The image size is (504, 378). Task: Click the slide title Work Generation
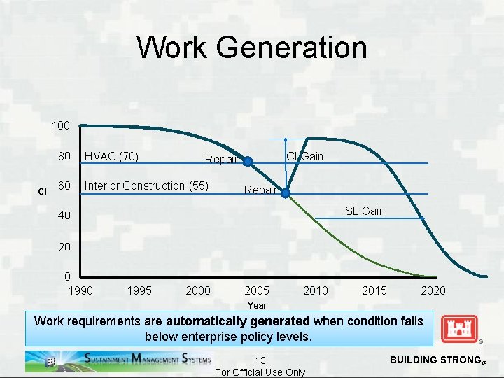click(x=251, y=48)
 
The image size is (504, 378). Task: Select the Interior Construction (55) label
click(x=146, y=185)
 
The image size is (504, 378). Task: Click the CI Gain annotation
click(x=305, y=156)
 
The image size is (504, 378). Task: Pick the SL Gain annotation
click(x=364, y=211)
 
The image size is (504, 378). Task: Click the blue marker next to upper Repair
click(x=247, y=161)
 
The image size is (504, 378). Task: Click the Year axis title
click(x=257, y=305)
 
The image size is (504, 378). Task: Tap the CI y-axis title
click(x=41, y=191)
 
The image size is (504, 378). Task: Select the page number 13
click(x=260, y=360)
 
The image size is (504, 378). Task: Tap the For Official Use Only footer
click(x=260, y=372)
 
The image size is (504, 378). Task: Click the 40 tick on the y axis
click(x=64, y=216)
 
